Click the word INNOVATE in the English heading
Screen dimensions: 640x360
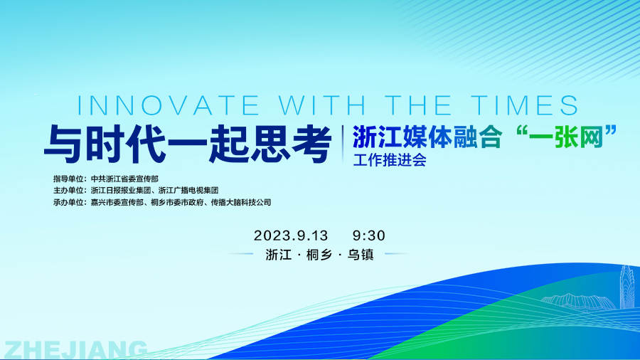[168, 105]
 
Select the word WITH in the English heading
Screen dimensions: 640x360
[322, 105]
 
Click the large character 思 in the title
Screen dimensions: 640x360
[270, 144]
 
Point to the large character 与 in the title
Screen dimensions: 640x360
[64, 144]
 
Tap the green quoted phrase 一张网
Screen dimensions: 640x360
[566, 137]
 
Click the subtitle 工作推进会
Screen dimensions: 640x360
[390, 160]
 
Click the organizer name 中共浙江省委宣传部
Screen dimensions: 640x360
[124, 179]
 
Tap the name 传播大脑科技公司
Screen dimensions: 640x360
[241, 202]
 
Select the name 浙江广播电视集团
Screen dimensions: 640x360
[188, 190]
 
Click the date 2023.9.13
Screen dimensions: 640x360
[291, 235]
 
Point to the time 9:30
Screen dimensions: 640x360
[369, 235]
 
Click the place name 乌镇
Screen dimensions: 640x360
[361, 255]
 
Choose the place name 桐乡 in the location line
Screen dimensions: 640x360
[319, 255]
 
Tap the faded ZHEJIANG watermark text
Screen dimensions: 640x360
[75, 350]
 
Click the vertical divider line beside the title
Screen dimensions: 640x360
[343, 144]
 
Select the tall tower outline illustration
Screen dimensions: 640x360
[626, 287]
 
